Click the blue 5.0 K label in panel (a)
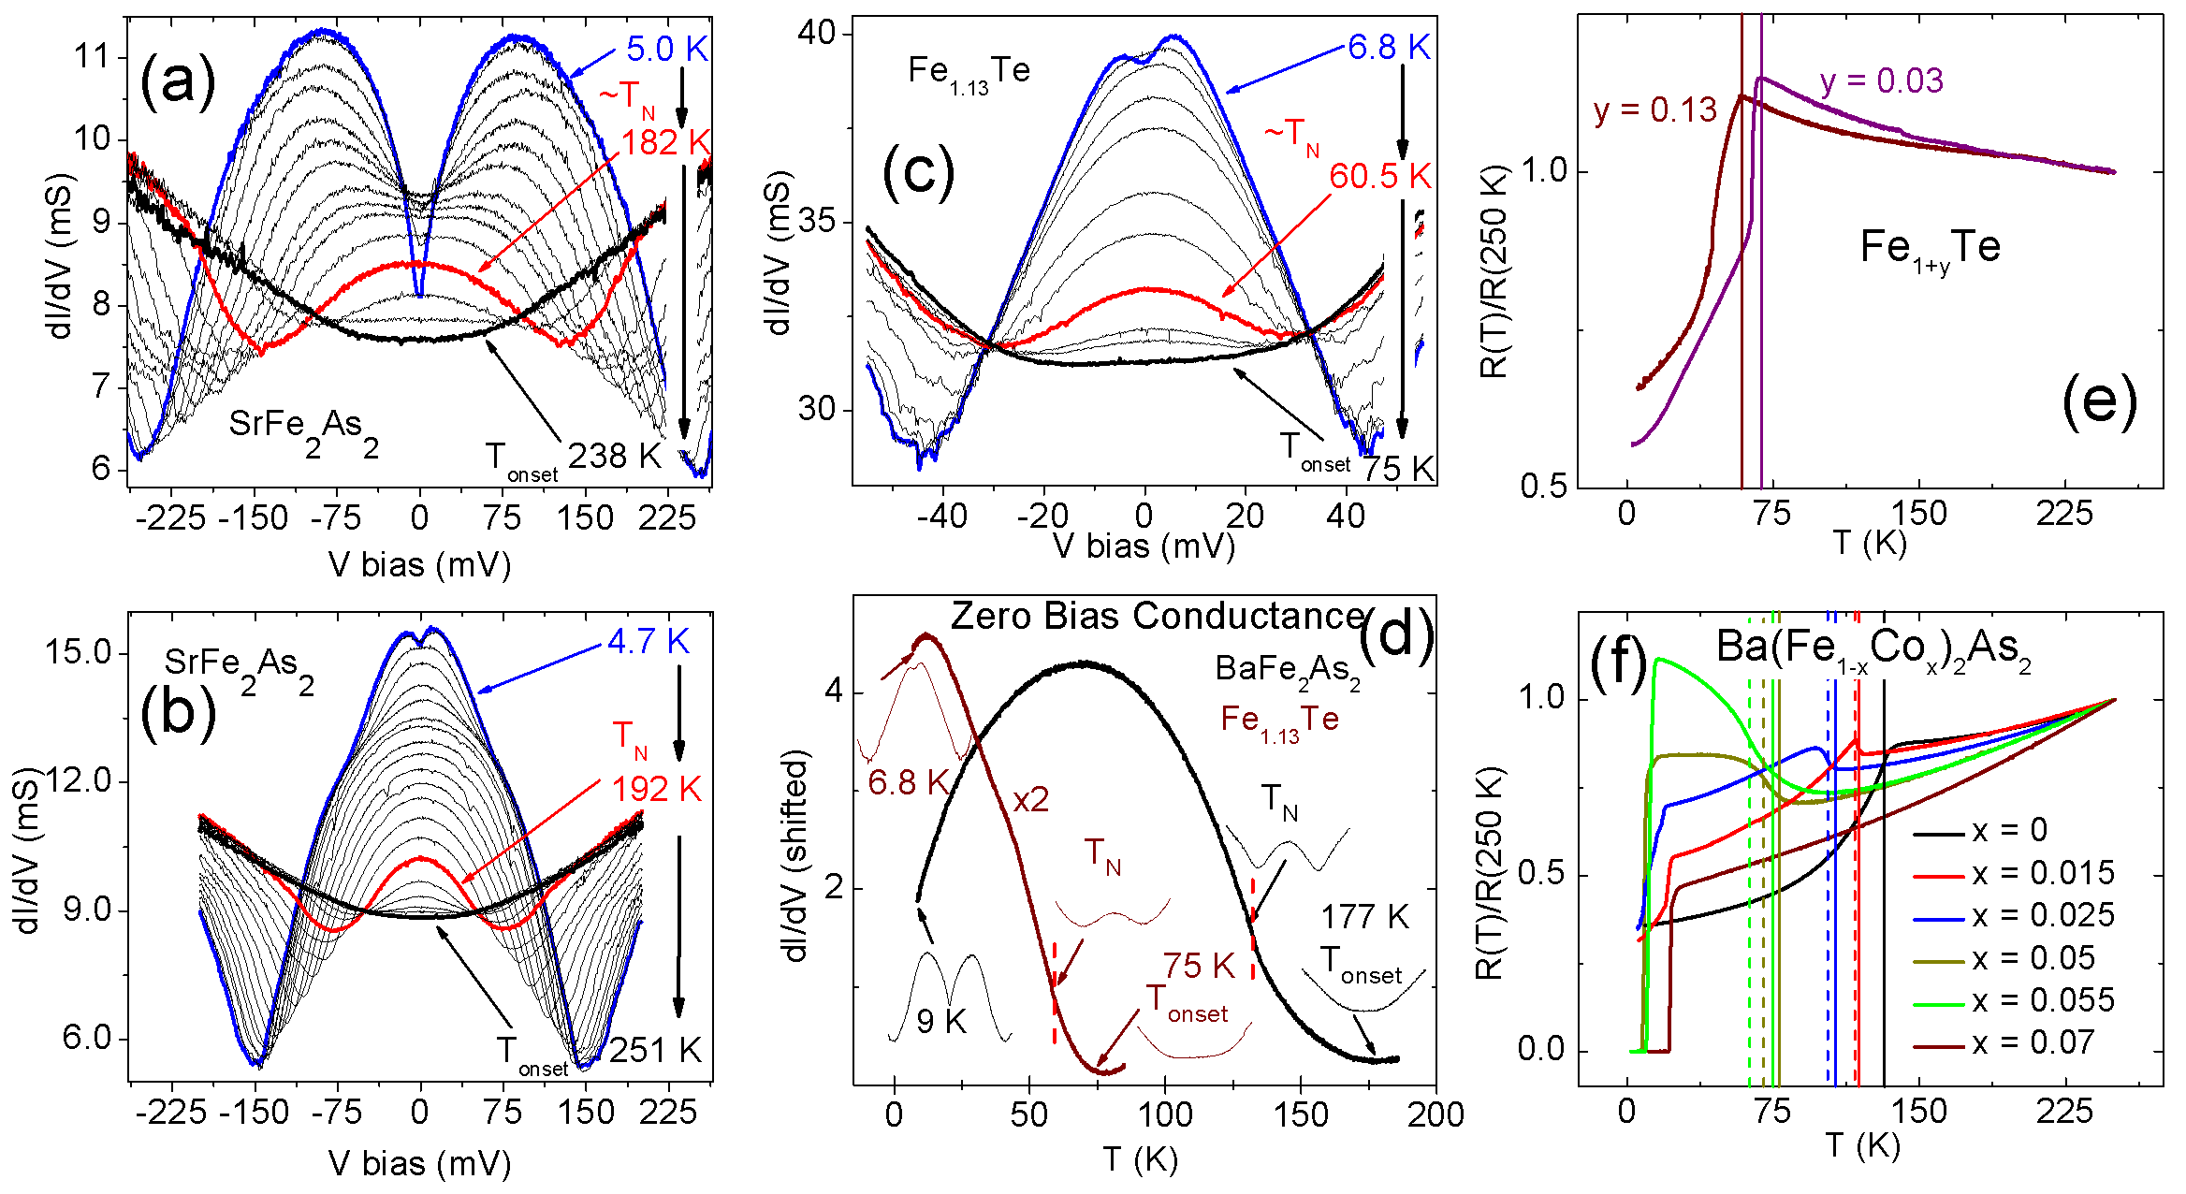[x=666, y=49]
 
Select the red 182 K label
[x=665, y=142]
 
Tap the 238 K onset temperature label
[x=615, y=456]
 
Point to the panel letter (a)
[x=177, y=82]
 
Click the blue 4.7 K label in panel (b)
[x=648, y=641]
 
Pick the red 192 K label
[x=656, y=789]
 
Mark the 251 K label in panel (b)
[x=655, y=1050]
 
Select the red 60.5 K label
[x=1379, y=176]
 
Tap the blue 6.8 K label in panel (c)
[x=1389, y=47]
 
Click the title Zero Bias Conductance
[x=1158, y=616]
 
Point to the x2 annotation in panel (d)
[x=1031, y=800]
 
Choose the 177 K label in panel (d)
[x=1364, y=916]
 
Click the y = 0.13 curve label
[x=1654, y=110]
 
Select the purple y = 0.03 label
[x=1882, y=80]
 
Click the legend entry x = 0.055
[x=2043, y=1000]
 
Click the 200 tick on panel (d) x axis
[x=1435, y=1114]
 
